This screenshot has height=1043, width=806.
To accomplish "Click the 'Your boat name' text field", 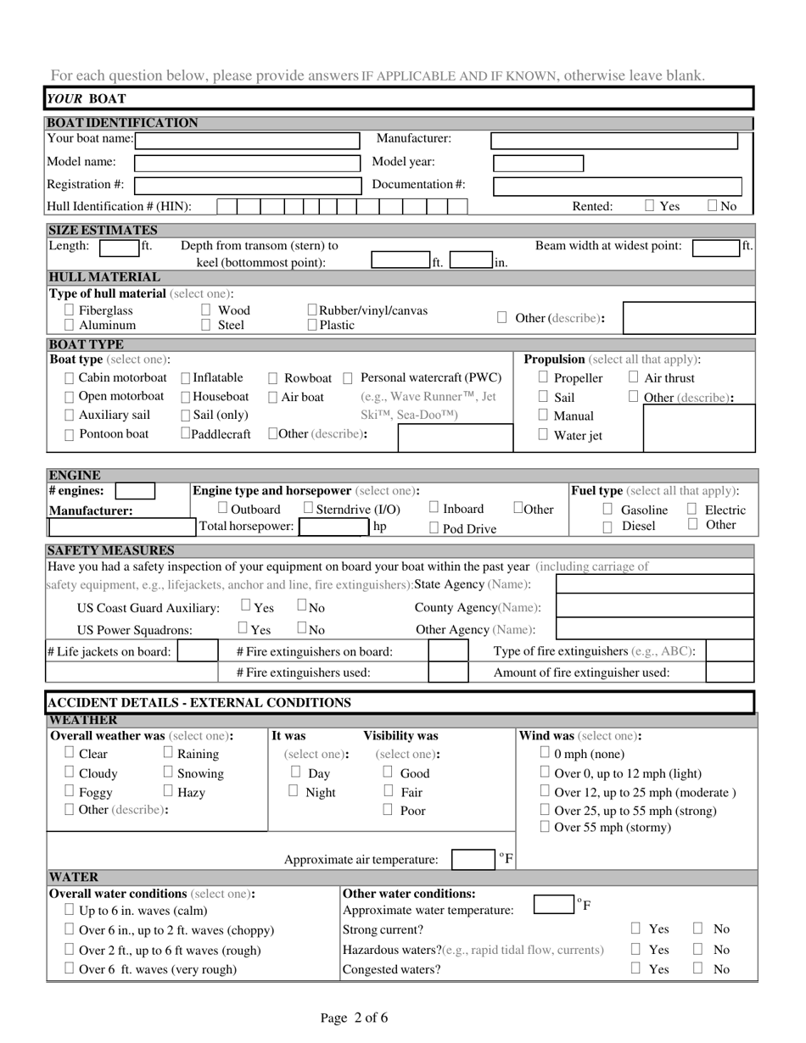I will (248, 140).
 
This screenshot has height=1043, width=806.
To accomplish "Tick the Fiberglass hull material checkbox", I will (70, 310).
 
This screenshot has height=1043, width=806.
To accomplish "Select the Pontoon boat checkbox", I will (70, 434).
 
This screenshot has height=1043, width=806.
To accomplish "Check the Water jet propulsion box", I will (544, 434).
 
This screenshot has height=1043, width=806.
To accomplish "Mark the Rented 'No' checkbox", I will (713, 205).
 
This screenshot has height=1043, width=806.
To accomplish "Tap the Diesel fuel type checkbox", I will (607, 527).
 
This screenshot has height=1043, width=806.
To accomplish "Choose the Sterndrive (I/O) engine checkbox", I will (309, 508).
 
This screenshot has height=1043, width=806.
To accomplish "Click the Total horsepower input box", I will (333, 527).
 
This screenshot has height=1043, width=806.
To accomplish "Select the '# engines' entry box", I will (134, 491).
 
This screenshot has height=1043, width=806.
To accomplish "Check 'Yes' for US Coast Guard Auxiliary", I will (246, 605).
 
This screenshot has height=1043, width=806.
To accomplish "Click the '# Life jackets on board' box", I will (197, 650).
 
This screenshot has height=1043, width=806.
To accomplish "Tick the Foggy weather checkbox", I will (70, 791).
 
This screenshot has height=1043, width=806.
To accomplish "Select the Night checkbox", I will (294, 791).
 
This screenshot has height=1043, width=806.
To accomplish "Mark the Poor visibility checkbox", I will (388, 810).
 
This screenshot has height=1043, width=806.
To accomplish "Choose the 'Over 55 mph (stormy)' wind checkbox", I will (546, 826).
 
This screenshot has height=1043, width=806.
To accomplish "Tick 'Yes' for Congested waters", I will (635, 968).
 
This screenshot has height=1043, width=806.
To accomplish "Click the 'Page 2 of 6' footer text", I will (355, 1018).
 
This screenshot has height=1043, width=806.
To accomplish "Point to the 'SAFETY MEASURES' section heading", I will (111, 550).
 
